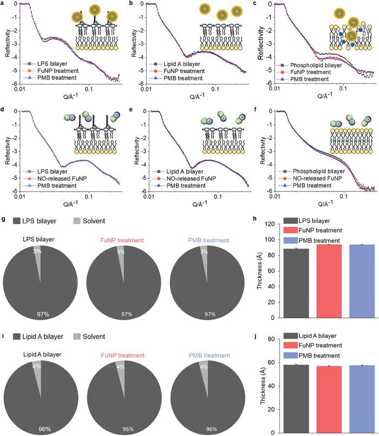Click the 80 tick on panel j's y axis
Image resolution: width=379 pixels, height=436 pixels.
coord(271,339)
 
